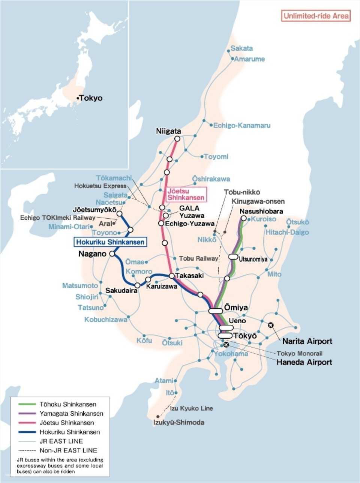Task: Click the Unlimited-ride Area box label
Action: click(316, 16)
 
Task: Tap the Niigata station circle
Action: click(177, 139)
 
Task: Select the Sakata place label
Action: click(241, 48)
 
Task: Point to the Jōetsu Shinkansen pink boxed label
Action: click(186, 194)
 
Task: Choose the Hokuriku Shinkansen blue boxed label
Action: click(110, 242)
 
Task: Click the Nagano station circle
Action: click(112, 254)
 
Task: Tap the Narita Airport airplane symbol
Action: click(271, 325)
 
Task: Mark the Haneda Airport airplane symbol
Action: click(225, 345)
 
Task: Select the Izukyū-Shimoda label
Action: click(179, 423)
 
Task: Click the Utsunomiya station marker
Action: click(233, 256)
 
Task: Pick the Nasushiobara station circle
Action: click(244, 218)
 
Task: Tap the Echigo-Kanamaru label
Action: click(241, 125)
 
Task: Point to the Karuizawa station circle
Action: click(148, 279)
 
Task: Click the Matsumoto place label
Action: click(80, 286)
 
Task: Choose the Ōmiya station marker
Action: click(216, 310)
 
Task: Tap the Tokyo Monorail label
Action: click(300, 353)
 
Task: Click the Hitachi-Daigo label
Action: click(287, 232)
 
